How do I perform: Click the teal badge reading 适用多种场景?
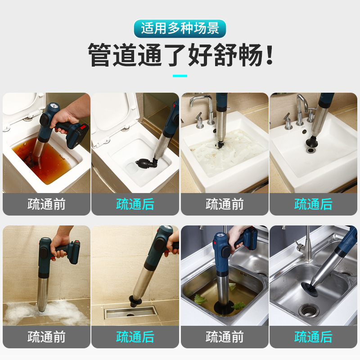click(x=180, y=28)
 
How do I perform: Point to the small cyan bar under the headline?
click(x=180, y=76)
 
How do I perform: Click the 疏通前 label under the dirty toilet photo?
click(x=46, y=204)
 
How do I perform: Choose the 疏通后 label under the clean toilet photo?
click(x=135, y=204)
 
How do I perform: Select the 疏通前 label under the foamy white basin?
click(x=225, y=204)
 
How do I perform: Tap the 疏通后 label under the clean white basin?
click(x=313, y=204)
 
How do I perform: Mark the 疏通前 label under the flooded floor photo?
click(x=46, y=337)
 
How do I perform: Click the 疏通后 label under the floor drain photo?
click(x=135, y=337)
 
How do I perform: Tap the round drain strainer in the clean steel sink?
click(x=309, y=310)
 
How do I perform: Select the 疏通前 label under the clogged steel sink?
click(x=225, y=337)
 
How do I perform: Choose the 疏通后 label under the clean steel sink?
click(x=313, y=337)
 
